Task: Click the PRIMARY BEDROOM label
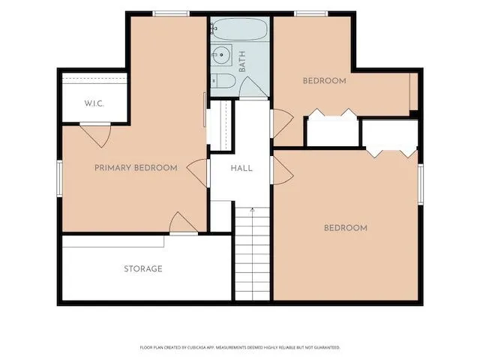click(136, 168)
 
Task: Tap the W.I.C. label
click(94, 103)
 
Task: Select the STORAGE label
click(143, 268)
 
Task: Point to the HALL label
click(241, 168)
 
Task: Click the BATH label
click(242, 61)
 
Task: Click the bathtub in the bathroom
click(240, 29)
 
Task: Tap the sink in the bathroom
click(221, 55)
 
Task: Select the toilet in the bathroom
click(223, 81)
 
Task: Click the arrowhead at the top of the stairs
click(252, 210)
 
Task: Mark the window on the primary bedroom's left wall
click(60, 178)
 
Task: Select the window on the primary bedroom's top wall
click(171, 13)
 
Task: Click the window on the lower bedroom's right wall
click(421, 184)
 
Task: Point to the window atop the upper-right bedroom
click(311, 13)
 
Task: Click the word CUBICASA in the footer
click(196, 347)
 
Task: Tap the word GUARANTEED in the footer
click(328, 347)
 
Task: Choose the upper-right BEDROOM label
click(325, 81)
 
